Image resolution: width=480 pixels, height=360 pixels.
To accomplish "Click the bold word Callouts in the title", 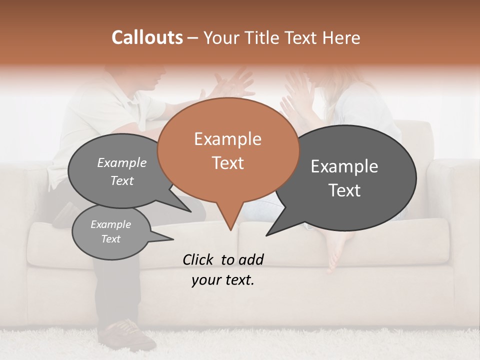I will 147,37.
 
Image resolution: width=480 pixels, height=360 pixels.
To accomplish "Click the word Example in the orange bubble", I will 227,139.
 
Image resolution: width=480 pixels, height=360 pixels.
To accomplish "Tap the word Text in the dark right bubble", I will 344,190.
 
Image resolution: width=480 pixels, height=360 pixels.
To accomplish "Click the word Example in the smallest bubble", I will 110,224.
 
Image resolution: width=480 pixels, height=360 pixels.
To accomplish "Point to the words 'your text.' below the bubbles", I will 223,280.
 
